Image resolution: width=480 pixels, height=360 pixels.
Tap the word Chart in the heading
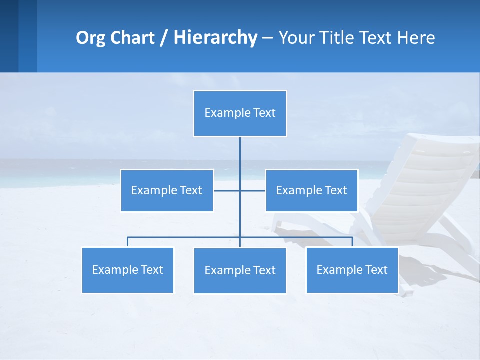132,38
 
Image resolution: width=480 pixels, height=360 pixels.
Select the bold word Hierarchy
215,38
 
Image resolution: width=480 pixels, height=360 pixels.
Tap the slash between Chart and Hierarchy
163,38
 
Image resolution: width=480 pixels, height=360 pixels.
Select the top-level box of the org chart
240,113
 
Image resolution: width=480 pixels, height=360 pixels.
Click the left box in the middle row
167,190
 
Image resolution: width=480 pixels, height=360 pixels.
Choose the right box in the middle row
311,190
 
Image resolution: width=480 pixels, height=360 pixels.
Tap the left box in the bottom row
127,270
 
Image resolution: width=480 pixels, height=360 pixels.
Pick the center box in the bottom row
240,270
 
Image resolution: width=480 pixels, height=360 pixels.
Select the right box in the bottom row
352,270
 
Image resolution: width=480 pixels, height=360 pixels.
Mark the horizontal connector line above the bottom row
185,237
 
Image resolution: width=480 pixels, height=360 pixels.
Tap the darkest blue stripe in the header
9,36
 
